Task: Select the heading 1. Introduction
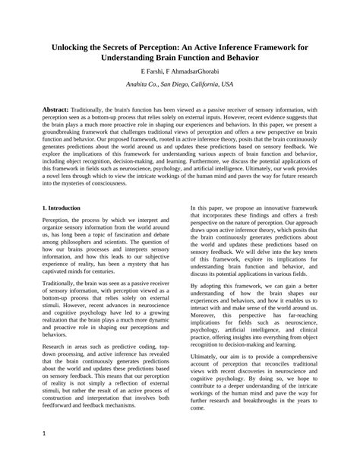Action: pyautogui.click(x=68, y=207)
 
